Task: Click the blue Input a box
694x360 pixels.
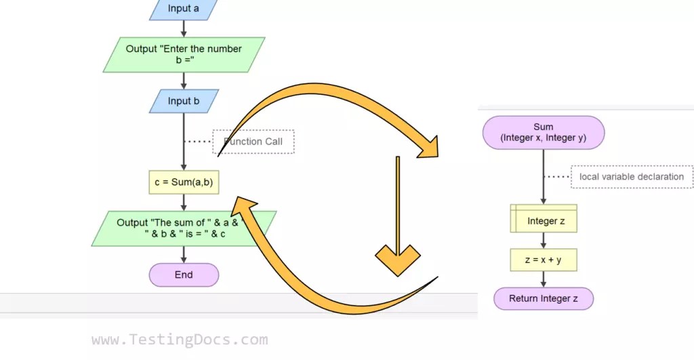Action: [x=184, y=9]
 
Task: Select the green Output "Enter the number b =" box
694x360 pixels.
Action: [x=184, y=55]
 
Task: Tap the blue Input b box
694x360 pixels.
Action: [x=184, y=101]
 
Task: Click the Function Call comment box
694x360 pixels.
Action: [x=253, y=141]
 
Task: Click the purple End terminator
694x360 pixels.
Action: [x=184, y=275]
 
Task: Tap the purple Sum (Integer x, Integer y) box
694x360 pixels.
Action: [x=544, y=132]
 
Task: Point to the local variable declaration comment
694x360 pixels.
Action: [x=632, y=177]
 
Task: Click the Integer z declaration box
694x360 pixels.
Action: [x=544, y=220]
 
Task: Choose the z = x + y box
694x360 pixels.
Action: [x=544, y=260]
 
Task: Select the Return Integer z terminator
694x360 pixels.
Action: [x=544, y=298]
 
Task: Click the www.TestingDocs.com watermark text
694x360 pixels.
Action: [x=180, y=340]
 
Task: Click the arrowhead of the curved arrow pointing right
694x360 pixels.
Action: [x=428, y=145]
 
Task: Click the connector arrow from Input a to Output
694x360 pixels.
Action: [x=184, y=28]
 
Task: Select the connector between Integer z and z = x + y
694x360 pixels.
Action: [x=544, y=241]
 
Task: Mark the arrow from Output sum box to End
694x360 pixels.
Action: [x=184, y=254]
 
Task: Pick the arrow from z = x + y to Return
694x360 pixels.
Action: [x=544, y=279]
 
